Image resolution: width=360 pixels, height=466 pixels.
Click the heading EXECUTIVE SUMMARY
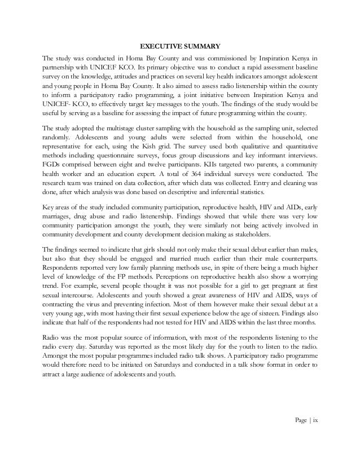[x=180, y=46]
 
